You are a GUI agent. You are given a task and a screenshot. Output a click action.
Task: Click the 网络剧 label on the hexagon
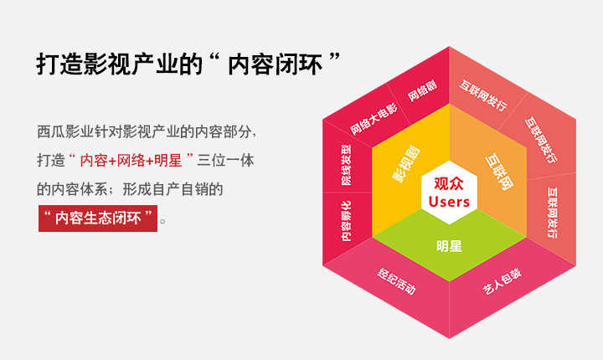422,90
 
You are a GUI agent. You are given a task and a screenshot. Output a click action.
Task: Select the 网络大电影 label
374,119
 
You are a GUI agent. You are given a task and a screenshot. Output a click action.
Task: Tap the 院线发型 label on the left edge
346,165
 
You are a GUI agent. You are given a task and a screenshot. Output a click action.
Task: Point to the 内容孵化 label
346,221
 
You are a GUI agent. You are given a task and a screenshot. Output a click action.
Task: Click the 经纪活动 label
396,281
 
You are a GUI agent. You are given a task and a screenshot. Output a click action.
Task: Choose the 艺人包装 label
502,281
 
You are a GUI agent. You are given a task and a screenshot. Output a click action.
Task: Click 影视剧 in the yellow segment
406,163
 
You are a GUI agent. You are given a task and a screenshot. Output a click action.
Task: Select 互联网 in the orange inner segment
499,172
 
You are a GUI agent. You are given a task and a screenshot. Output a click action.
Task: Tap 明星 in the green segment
449,246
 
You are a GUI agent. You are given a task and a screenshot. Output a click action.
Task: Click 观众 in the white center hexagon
449,183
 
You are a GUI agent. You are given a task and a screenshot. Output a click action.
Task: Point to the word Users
449,202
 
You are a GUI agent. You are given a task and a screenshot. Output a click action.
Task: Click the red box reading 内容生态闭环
98,218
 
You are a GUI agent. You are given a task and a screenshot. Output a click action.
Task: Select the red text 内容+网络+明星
131,161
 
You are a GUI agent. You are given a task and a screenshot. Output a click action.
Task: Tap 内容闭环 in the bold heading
275,64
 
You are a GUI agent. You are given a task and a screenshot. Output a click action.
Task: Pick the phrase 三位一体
226,161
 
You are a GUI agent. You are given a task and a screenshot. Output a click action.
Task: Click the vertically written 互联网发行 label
552,213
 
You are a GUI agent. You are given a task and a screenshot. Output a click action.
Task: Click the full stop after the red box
162,221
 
